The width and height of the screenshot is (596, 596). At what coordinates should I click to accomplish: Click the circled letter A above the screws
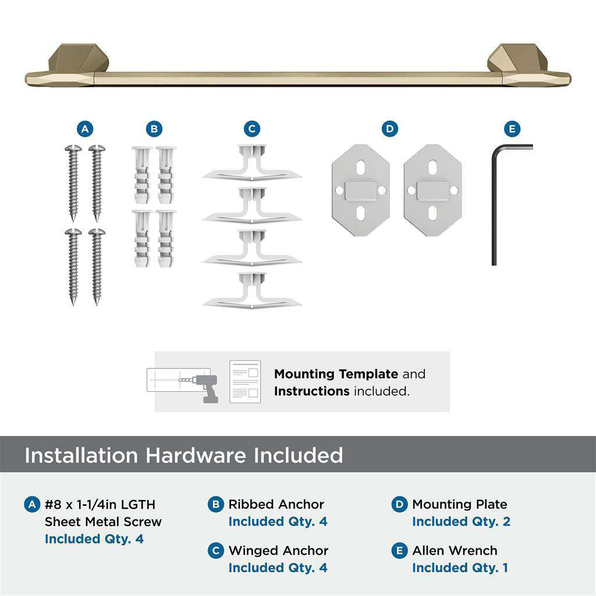85,129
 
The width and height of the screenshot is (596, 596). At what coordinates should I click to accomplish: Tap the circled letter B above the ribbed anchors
154,129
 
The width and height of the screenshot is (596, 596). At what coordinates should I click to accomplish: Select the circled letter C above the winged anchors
251,129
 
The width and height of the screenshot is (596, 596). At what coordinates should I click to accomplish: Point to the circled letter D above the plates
389,129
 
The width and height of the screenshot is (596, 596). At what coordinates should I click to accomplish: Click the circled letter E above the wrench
512,129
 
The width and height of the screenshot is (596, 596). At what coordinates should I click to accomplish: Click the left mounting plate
361,190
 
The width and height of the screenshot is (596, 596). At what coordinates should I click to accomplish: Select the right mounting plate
432,190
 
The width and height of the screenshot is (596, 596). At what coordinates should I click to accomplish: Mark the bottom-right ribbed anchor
166,238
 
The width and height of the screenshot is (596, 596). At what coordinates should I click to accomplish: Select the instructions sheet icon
245,382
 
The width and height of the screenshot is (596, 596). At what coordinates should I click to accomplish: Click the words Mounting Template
336,374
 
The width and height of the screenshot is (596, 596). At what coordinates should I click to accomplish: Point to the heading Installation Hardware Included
183,455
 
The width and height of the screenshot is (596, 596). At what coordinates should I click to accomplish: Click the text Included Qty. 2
461,521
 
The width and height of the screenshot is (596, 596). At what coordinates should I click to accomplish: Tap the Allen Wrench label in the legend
455,551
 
